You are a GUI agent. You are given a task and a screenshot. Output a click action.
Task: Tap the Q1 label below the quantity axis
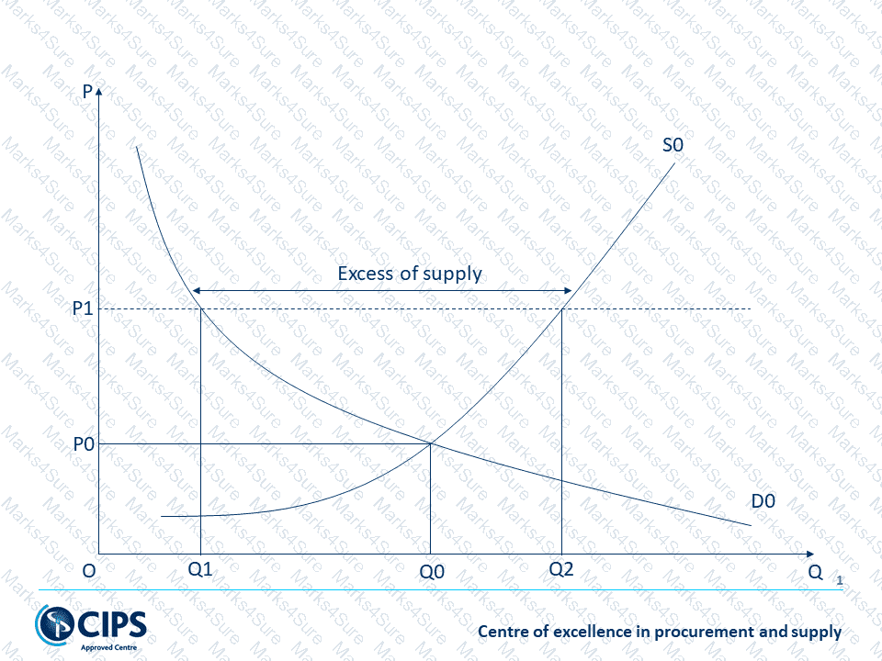(x=200, y=569)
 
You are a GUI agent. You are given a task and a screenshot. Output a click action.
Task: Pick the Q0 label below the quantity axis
(x=431, y=570)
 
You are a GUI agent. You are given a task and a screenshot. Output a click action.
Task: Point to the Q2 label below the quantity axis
(x=560, y=569)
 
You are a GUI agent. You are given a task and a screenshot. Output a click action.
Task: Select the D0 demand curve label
(x=763, y=501)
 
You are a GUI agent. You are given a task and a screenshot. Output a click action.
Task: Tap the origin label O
(x=88, y=570)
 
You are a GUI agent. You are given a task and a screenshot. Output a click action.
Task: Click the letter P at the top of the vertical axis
(x=87, y=93)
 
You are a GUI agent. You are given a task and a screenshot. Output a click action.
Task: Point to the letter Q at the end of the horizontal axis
(x=815, y=570)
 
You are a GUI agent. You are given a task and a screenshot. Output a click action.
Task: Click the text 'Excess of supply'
(x=410, y=274)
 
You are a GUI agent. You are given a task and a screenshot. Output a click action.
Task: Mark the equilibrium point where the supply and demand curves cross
(x=431, y=444)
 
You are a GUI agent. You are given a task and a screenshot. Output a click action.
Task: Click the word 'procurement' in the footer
(x=691, y=632)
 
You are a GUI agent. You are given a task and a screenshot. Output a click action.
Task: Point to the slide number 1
(x=839, y=579)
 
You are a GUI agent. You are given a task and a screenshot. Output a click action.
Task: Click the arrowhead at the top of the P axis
(x=98, y=92)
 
